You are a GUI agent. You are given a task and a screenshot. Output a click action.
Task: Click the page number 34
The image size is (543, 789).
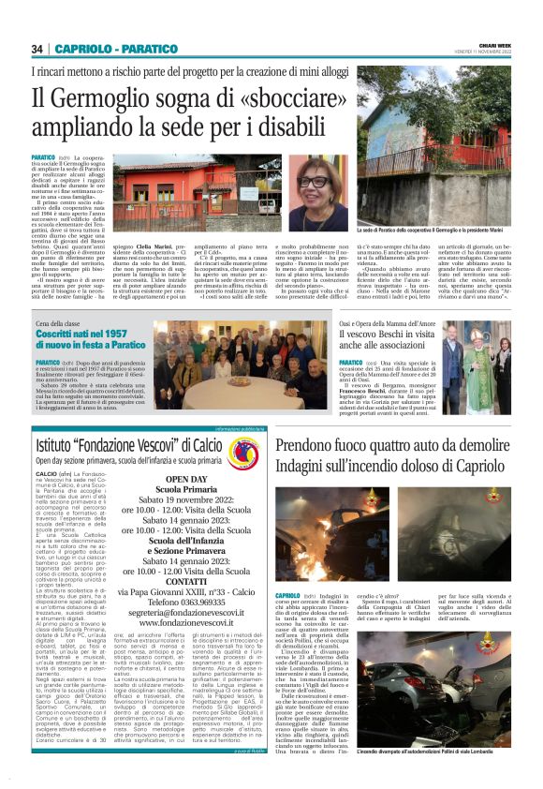pyautogui.click(x=37, y=49)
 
